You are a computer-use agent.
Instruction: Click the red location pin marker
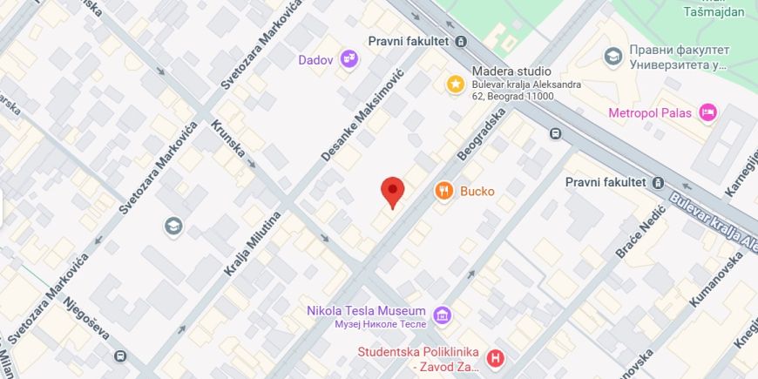point(393,191)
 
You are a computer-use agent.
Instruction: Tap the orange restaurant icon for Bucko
point(443,191)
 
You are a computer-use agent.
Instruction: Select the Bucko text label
point(477,191)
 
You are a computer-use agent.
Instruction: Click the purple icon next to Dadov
point(349,58)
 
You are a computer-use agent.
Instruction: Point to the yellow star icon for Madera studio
point(455,84)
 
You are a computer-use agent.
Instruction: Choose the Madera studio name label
point(511,71)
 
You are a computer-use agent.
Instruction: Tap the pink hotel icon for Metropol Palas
point(708,112)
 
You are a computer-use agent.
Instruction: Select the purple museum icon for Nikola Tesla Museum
point(443,314)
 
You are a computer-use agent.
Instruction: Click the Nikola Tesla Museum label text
point(366,311)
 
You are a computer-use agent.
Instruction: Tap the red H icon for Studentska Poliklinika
point(496,357)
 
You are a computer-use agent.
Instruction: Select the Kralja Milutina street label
point(254,244)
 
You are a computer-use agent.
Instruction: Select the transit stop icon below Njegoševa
point(119,356)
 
